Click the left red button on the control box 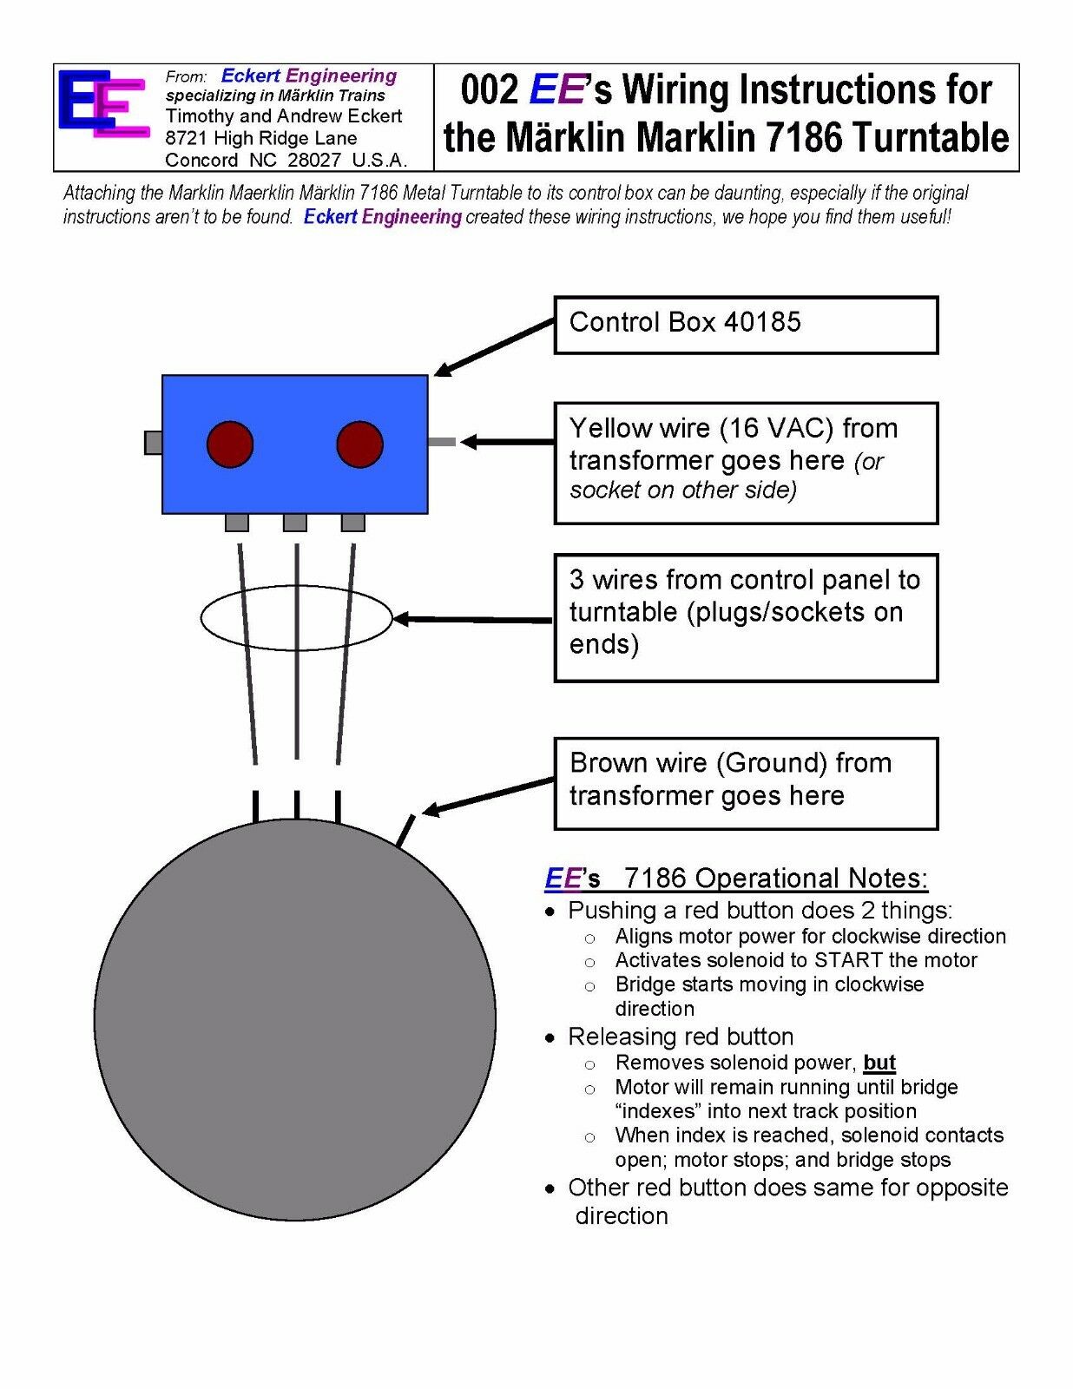click(x=230, y=444)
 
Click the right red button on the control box click(x=359, y=444)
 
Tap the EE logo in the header click(x=104, y=103)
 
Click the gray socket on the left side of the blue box click(x=154, y=443)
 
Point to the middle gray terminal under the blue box click(x=294, y=523)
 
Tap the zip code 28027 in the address click(x=313, y=160)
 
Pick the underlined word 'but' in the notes click(x=879, y=1063)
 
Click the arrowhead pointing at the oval click(x=400, y=619)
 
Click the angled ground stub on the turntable click(x=405, y=831)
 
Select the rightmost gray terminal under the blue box click(x=352, y=523)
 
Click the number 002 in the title click(x=490, y=89)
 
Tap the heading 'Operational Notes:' click(x=811, y=879)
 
